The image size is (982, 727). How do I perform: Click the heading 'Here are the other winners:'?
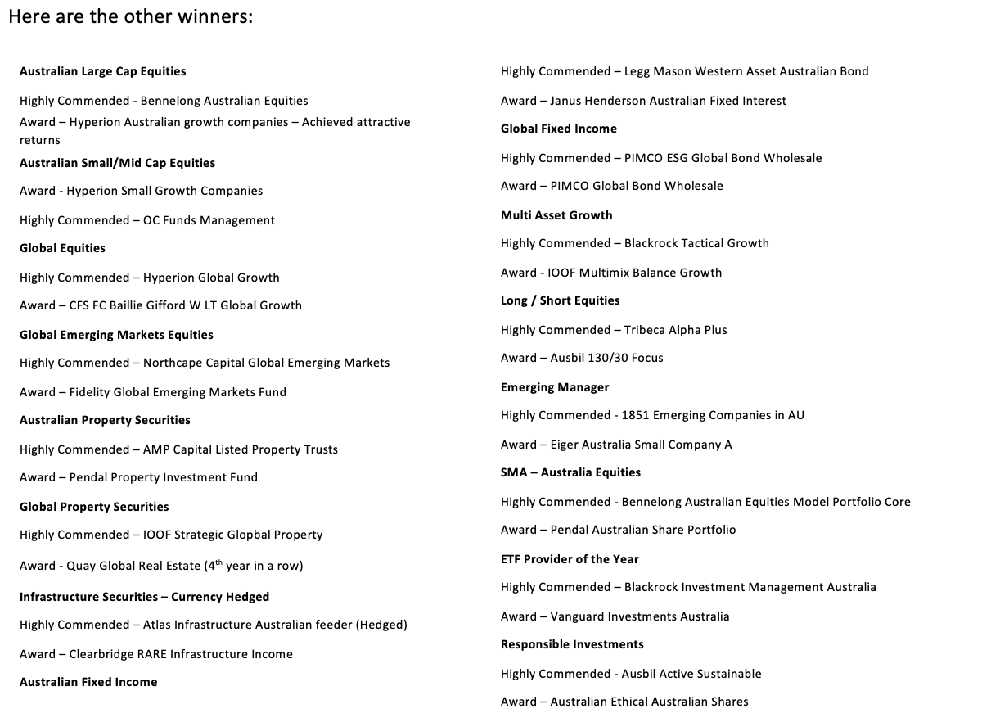point(130,17)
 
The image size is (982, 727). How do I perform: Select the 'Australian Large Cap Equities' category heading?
point(102,71)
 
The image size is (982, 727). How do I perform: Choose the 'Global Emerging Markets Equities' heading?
point(116,335)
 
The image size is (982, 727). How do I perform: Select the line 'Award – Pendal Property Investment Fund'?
point(138,477)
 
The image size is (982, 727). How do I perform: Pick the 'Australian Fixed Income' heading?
point(88,682)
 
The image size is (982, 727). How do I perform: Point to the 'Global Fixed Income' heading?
point(559,129)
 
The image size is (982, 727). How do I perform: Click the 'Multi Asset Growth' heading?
point(556,215)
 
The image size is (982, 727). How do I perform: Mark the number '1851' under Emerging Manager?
point(636,415)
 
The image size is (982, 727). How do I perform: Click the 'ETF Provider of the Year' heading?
point(570,559)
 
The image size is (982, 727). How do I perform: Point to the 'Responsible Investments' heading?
point(572,644)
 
